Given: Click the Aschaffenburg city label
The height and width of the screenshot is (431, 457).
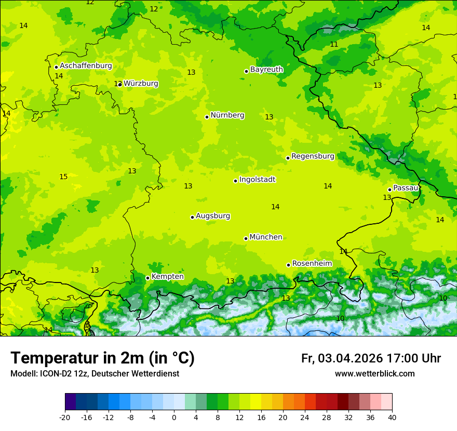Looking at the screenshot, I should point(86,66).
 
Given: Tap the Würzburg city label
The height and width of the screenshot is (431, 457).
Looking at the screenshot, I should point(141,84).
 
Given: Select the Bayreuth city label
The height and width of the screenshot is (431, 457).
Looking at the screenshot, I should point(266,70).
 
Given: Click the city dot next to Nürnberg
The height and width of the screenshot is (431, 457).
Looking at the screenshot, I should point(207,117).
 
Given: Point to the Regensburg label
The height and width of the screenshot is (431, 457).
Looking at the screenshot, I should point(313,156).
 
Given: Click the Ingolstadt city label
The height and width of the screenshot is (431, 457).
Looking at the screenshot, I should point(257,180).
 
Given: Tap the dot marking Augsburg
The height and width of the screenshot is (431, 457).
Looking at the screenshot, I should point(192,217).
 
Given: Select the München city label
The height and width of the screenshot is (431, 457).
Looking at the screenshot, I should point(266,237).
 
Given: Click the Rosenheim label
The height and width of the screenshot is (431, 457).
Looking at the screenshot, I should point(312,264).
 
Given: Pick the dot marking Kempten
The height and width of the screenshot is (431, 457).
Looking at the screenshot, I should point(147,278).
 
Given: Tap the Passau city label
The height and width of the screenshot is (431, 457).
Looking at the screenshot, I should point(405,188).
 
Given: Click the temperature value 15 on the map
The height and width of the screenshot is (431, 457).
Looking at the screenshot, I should point(63,177).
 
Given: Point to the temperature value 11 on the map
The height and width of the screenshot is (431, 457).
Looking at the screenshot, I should point(334,45).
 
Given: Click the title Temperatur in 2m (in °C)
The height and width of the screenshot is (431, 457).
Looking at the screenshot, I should point(102,358).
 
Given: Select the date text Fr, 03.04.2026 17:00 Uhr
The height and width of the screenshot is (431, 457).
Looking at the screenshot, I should point(371,358).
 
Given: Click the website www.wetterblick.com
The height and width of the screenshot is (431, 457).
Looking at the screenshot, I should point(374,374).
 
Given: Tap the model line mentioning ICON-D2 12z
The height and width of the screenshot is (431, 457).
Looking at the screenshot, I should point(95,374).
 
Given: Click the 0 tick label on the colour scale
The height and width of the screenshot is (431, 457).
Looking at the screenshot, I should point(174,417).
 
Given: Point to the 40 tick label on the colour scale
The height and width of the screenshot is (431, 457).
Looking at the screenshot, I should point(392,417).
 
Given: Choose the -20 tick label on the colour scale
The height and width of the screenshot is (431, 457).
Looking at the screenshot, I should point(64,417).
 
